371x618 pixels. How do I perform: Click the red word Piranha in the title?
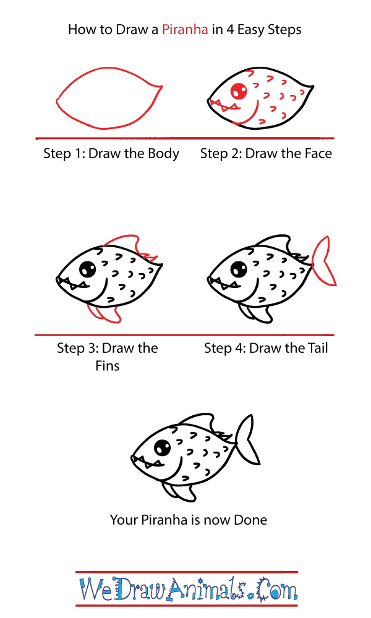coord(185,30)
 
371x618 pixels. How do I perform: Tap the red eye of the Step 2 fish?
coord(239,91)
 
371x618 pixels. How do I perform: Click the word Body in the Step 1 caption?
coord(163,153)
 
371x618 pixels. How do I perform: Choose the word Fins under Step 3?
coord(107,366)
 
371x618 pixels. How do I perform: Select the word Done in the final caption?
coord(250,520)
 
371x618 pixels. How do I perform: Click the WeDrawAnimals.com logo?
coord(189,589)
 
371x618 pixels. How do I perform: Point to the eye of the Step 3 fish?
coord(88,269)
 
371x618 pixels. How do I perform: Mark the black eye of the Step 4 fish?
coord(239,269)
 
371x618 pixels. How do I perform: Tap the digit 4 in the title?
coord(230,30)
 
